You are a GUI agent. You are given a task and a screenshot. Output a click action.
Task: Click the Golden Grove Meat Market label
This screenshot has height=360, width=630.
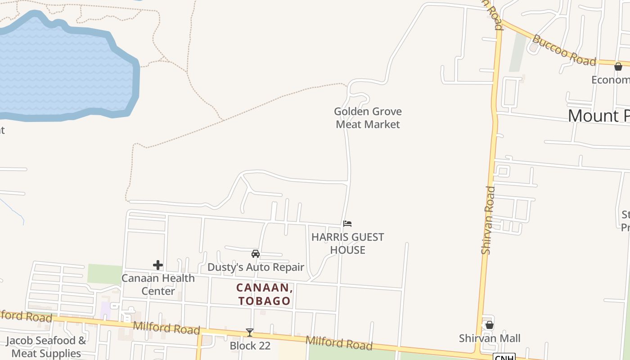[x=368, y=118]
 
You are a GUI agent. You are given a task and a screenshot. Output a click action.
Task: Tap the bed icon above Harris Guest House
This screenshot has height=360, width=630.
[x=347, y=223]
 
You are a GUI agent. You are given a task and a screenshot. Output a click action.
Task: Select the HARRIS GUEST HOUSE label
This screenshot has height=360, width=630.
[x=347, y=243]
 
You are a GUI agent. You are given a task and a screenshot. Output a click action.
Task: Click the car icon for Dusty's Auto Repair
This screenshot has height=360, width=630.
[x=256, y=254]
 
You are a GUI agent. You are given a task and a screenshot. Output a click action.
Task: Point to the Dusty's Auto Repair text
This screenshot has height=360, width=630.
[x=256, y=267]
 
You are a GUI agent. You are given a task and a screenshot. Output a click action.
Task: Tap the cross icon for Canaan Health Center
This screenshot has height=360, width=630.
[x=157, y=265]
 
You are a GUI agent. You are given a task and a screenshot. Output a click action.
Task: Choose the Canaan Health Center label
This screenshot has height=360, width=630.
[x=158, y=284]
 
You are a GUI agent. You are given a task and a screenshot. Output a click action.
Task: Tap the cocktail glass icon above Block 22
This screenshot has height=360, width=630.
[x=250, y=333]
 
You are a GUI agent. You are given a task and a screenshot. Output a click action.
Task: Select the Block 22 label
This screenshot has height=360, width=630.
[x=250, y=346]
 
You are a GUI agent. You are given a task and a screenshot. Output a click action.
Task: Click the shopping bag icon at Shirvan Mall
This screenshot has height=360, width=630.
[x=490, y=325]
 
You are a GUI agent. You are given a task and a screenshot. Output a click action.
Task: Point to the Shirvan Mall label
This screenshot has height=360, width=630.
[x=490, y=338]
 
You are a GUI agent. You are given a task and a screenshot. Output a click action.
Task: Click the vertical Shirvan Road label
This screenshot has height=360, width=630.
[x=488, y=220]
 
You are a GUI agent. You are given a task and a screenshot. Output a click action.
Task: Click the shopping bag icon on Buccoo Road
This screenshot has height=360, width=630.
[x=618, y=67]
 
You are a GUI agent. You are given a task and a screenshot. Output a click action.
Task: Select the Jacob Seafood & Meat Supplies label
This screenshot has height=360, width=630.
[x=46, y=346]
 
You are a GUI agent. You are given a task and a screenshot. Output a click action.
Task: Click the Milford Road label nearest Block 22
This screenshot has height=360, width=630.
[x=339, y=343]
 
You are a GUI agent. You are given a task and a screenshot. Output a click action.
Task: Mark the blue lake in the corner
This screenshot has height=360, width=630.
[x=63, y=67]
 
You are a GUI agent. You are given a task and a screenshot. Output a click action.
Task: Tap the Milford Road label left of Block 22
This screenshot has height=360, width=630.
[x=166, y=328]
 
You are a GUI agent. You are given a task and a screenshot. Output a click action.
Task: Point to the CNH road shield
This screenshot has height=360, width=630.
[x=504, y=357]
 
